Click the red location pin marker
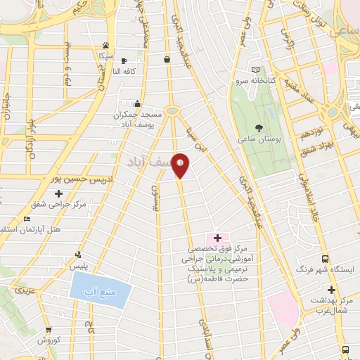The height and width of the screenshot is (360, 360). click(181, 165)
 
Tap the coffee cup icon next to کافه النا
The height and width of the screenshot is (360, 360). click(125, 60)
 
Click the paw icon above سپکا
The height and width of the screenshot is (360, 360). click(105, 44)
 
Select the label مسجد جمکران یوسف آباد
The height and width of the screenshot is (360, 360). click(140, 118)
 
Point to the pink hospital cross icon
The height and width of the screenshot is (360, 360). click(216, 237)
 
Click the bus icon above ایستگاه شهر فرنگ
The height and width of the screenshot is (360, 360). click(326, 257)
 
